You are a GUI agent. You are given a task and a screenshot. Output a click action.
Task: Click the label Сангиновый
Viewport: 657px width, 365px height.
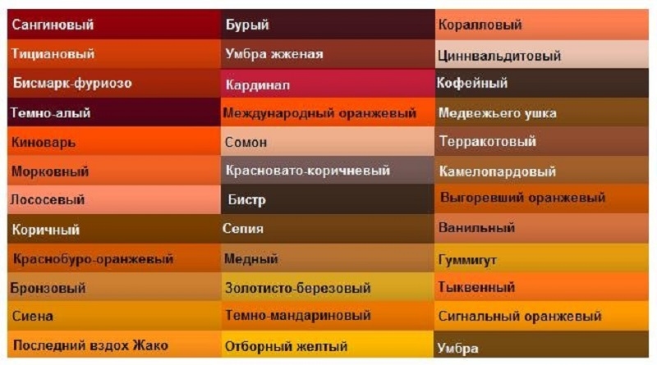[x=53, y=25]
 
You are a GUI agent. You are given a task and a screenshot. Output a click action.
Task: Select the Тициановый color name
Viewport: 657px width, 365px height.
[x=53, y=54]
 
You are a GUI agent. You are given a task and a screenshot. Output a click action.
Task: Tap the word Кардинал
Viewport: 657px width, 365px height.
[x=257, y=85]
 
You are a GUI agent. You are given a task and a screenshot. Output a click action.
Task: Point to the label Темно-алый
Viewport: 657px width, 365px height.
[x=50, y=113]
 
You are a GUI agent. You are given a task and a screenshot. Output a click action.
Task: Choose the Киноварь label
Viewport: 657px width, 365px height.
[x=44, y=143]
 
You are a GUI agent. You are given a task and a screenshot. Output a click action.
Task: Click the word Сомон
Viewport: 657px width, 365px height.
[x=246, y=143]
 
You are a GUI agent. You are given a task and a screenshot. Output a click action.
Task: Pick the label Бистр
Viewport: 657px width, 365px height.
[x=247, y=200]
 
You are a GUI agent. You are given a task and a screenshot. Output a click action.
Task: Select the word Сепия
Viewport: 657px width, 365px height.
[x=243, y=229]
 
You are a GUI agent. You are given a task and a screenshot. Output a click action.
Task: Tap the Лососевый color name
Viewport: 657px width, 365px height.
[x=48, y=199]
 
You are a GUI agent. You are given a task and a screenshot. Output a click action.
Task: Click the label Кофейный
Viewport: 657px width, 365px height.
[x=472, y=83]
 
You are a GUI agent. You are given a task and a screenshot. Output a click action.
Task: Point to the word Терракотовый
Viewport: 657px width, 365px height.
[x=488, y=141]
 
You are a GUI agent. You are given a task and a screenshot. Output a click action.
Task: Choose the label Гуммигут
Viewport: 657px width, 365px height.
[x=467, y=260]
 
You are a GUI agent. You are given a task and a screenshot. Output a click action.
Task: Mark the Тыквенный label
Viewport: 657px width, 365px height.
[x=476, y=287]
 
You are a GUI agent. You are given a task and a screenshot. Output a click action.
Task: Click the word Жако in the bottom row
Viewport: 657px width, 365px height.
[x=150, y=346]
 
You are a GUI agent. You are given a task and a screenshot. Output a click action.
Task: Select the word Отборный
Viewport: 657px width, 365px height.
[x=256, y=347]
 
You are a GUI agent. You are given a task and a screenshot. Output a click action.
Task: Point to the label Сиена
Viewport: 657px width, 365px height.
[x=33, y=316]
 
